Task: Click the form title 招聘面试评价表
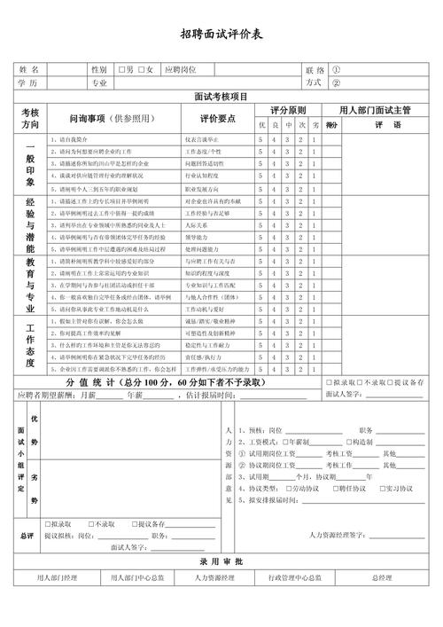point(221,35)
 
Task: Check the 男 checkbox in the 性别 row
point(121,69)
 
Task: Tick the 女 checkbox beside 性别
point(142,69)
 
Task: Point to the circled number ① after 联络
point(336,69)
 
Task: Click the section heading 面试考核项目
point(221,97)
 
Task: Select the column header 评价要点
point(217,118)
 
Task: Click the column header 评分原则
point(288,111)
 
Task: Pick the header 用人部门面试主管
point(375,111)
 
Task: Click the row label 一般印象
point(30,164)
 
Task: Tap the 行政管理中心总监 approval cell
point(295,578)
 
